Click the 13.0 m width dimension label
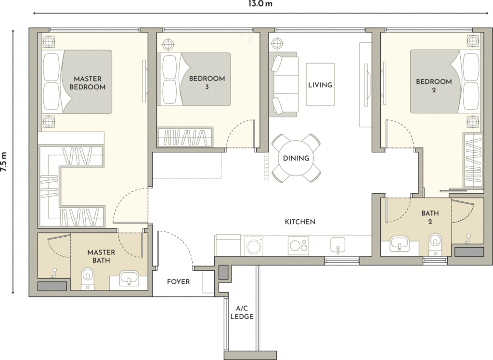coord(260,4)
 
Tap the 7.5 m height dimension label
coord(4,162)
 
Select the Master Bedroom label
coord(88,83)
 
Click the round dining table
coord(296,158)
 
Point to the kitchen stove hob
coord(298,245)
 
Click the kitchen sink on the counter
coord(337,245)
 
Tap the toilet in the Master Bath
coord(87,278)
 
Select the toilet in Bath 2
coord(435,244)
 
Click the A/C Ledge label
coord(242,312)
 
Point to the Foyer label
coord(178,281)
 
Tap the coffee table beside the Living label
coord(320,85)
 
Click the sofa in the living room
coord(283,84)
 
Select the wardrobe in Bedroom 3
coord(185,137)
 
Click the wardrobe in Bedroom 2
coord(473,160)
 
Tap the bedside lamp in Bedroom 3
coord(168,44)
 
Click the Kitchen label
coord(300,222)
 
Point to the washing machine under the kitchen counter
coord(253,246)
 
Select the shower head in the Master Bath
coord(54,272)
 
